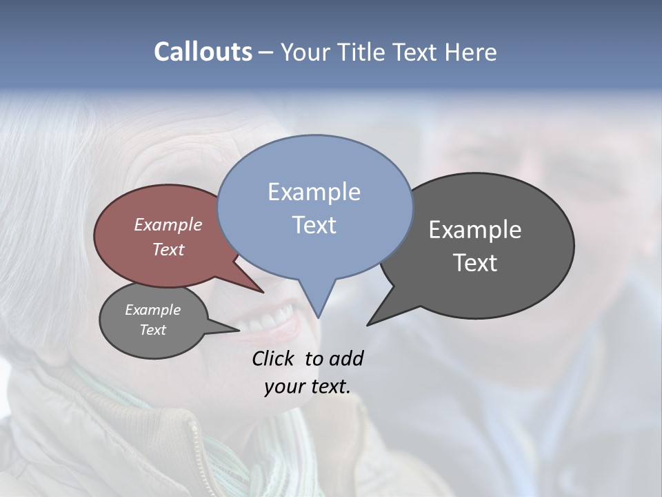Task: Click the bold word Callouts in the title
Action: pyautogui.click(x=203, y=52)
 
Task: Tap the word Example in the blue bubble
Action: pyautogui.click(x=314, y=192)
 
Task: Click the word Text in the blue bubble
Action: pyautogui.click(x=314, y=225)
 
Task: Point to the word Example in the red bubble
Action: pyautogui.click(x=168, y=224)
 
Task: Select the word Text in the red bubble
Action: pyautogui.click(x=168, y=249)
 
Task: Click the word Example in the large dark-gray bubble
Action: pyautogui.click(x=474, y=229)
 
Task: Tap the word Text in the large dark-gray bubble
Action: pyautogui.click(x=474, y=263)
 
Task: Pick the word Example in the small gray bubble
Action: pyautogui.click(x=152, y=310)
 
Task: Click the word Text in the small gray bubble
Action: pyautogui.click(x=152, y=330)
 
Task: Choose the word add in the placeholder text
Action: pyautogui.click(x=346, y=358)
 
